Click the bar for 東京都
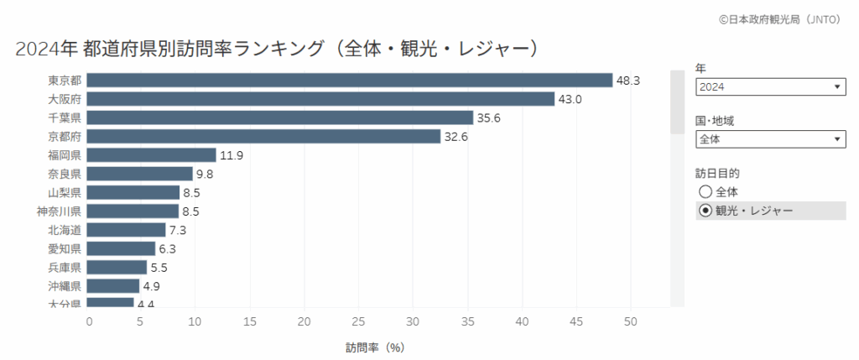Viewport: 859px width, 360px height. (x=350, y=81)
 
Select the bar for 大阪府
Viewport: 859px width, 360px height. (x=320, y=99)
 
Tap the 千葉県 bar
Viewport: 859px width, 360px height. (x=280, y=117)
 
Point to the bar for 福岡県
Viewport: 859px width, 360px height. (x=152, y=154)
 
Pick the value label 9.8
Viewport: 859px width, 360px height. (x=206, y=174)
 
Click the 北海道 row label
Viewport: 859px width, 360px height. (x=65, y=229)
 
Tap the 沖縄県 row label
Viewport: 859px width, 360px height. (x=65, y=285)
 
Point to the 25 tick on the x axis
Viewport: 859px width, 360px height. (x=358, y=321)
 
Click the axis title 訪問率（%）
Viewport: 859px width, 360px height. (x=375, y=346)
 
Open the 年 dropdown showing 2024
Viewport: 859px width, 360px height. (x=770, y=86)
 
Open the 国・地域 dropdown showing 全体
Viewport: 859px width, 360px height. (x=770, y=138)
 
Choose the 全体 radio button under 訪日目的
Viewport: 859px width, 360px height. (x=705, y=191)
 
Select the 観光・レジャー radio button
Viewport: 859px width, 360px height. (x=705, y=210)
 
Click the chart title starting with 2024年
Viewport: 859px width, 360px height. (x=276, y=48)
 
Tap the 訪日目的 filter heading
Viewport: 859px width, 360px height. (x=718, y=173)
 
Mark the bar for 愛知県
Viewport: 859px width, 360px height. (x=122, y=248)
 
